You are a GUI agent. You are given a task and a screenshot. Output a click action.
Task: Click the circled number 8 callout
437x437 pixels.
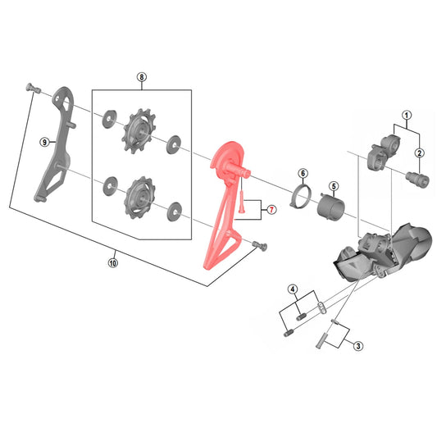click(x=142, y=77)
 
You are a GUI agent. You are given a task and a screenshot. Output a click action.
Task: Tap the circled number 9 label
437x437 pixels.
click(x=44, y=142)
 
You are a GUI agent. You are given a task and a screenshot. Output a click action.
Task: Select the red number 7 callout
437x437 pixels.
click(x=271, y=209)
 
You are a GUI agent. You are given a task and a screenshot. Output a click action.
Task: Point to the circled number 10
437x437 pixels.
click(x=113, y=263)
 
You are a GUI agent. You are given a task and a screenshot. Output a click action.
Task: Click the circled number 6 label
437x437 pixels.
click(x=303, y=173)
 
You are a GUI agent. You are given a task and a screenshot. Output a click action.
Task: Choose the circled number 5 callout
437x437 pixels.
click(x=334, y=186)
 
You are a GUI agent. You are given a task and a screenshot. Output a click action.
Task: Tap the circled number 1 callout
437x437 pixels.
click(x=407, y=115)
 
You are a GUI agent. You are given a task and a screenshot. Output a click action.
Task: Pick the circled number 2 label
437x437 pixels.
click(x=420, y=153)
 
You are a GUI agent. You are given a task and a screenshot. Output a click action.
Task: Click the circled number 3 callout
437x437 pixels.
click(x=358, y=346)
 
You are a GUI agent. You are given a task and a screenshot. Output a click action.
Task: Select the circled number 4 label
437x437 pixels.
click(x=293, y=289)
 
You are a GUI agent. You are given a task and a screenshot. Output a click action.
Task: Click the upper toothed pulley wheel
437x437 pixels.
click(x=139, y=130)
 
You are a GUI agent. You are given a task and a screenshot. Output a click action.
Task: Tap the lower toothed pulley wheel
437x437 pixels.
click(x=140, y=197)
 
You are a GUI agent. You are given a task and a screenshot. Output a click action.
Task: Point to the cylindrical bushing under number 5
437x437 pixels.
click(x=331, y=207)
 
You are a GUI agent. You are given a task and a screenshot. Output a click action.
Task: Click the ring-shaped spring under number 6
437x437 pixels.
click(x=300, y=198)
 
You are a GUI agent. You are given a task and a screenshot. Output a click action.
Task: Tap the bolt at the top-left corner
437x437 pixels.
click(x=33, y=89)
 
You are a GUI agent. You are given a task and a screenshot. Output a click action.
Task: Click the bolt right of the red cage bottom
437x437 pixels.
click(x=259, y=246)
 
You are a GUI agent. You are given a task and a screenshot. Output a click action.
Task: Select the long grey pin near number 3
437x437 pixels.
click(x=322, y=340)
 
